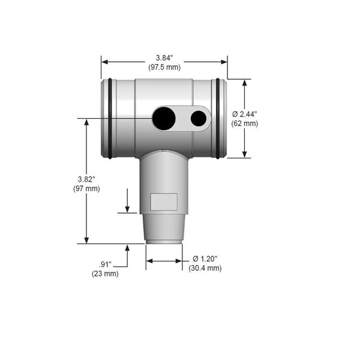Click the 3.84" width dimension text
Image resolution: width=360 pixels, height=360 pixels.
[x=164, y=58]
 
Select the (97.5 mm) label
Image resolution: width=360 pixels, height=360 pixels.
[x=164, y=67]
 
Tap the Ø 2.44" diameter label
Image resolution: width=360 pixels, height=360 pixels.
[x=245, y=114]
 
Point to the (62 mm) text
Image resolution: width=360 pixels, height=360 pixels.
[x=245, y=124]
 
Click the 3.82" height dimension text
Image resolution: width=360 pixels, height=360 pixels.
[x=86, y=179]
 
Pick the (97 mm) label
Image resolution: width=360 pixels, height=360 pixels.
[x=86, y=189]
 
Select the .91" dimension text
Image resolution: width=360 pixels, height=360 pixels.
[x=105, y=265]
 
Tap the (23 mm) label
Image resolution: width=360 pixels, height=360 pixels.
[x=105, y=274]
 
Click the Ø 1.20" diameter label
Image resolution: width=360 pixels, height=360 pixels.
[x=205, y=259]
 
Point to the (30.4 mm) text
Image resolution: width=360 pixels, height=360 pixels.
[x=205, y=268]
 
